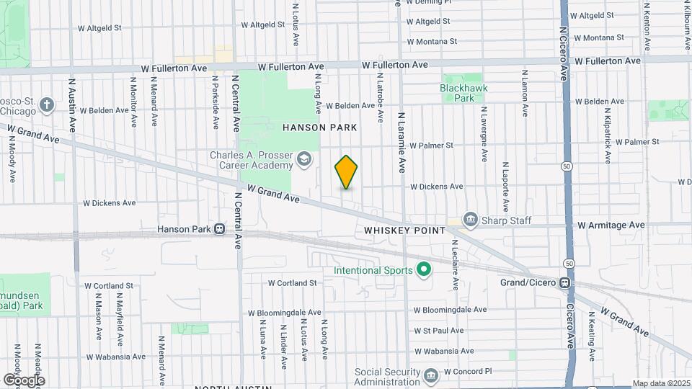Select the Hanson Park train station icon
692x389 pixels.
tap(218, 229)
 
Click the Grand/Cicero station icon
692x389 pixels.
tap(567, 282)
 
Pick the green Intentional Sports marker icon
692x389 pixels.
tap(425, 271)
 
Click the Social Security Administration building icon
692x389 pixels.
tap(430, 375)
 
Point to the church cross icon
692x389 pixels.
tap(48, 106)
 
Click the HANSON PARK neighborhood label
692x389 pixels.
tap(319, 128)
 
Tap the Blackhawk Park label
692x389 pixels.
tap(457, 93)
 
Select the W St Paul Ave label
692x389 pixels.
tap(438, 331)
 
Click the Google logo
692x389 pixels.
tap(24, 380)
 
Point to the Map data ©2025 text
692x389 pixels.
tap(660, 383)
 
